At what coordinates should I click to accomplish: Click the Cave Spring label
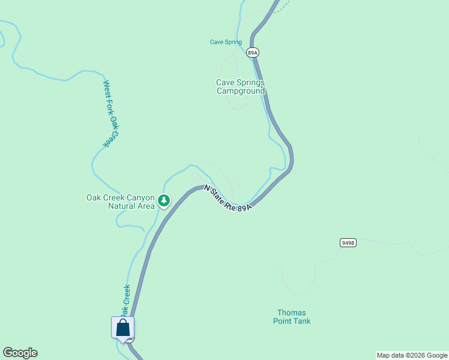point(226,42)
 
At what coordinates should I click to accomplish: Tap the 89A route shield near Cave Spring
point(253,53)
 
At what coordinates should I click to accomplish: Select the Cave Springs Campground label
point(240,87)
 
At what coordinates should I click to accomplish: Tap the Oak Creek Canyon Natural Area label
point(121,202)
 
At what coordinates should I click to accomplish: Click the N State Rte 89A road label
point(227,198)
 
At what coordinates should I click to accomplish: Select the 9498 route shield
point(348,242)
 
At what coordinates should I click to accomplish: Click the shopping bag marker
point(122,328)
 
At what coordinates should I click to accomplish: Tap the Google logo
point(20,353)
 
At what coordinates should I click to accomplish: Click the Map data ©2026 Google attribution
point(412,355)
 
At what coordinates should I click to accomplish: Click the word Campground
point(240,91)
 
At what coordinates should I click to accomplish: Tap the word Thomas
point(292,313)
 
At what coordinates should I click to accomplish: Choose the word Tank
point(302,321)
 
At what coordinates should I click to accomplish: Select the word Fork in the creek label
point(110,106)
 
